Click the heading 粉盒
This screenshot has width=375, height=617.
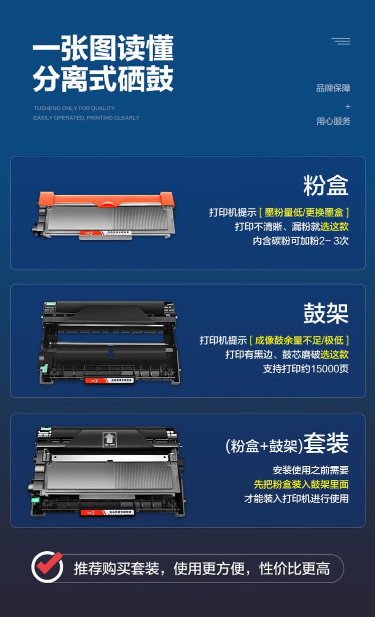pyautogui.click(x=325, y=186)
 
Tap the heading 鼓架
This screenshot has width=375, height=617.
pyautogui.click(x=325, y=313)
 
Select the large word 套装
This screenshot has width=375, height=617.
pyautogui.click(x=326, y=443)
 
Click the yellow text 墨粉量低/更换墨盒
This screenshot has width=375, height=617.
pyautogui.click(x=303, y=212)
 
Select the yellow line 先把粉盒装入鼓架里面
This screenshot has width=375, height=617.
pyautogui.click(x=301, y=484)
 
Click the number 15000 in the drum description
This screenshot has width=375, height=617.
pyautogui.click(x=318, y=369)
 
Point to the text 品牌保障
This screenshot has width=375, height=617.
pyautogui.click(x=333, y=88)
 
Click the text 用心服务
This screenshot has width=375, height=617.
pyautogui.click(x=333, y=121)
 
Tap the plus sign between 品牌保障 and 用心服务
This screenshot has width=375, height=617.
pyautogui.click(x=347, y=106)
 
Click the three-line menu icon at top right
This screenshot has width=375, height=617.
pyautogui.click(x=341, y=41)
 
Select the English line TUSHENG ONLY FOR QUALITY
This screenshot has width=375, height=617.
pyautogui.click(x=74, y=108)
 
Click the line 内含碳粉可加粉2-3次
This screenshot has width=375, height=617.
pyautogui.click(x=300, y=241)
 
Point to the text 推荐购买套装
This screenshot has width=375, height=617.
pyautogui.click(x=116, y=568)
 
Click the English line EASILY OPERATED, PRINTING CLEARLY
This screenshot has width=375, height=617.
pyautogui.click(x=86, y=118)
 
